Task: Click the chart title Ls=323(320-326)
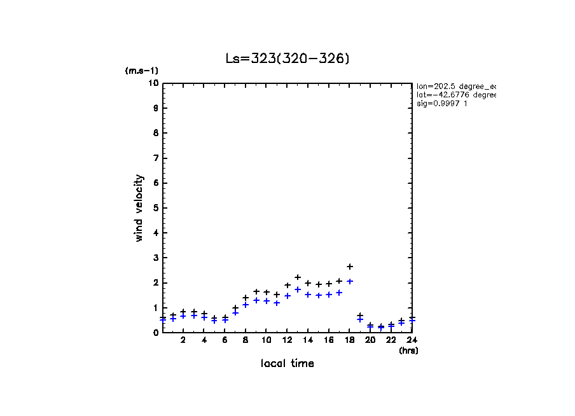tap(287, 59)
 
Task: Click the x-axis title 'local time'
tap(287, 363)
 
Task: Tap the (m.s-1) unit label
tap(141, 71)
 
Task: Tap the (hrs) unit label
tap(408, 350)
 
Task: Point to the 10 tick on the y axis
tap(153, 83)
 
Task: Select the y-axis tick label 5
tap(155, 208)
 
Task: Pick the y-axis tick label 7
tap(155, 158)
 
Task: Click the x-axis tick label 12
tap(287, 340)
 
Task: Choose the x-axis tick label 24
tap(412, 340)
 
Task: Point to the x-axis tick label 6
tap(225, 340)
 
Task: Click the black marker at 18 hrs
tap(350, 267)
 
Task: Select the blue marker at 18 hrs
tap(350, 281)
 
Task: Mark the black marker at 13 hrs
tap(298, 277)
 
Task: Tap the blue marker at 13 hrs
tap(298, 289)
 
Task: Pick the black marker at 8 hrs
tap(246, 298)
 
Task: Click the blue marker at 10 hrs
tap(267, 301)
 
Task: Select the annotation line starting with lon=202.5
tap(455, 86)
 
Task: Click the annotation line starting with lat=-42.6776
tap(455, 95)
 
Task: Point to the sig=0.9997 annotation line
tap(442, 104)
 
